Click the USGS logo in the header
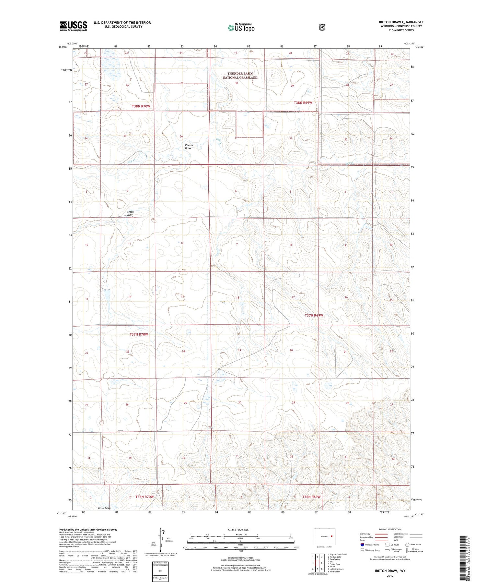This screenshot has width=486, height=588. click(73, 26)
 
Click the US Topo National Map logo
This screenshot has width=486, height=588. click(241, 28)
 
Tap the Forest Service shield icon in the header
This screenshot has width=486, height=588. click(322, 28)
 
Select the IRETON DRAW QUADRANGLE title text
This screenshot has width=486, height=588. click(401, 22)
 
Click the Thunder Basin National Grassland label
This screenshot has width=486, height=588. click(240, 76)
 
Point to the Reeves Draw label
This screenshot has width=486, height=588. click(189, 147)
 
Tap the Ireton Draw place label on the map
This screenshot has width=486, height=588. click(130, 213)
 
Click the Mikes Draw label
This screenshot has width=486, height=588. click(104, 508)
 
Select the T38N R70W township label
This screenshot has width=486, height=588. click(141, 106)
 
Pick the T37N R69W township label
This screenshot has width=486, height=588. click(314, 315)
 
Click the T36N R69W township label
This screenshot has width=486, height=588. click(311, 497)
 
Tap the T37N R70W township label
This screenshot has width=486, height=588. click(139, 334)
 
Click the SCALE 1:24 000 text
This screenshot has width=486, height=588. click(239, 530)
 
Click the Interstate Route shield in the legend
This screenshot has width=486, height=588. click(362, 545)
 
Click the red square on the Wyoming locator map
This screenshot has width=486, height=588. click(332, 536)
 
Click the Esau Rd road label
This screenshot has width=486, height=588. click(120, 430)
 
